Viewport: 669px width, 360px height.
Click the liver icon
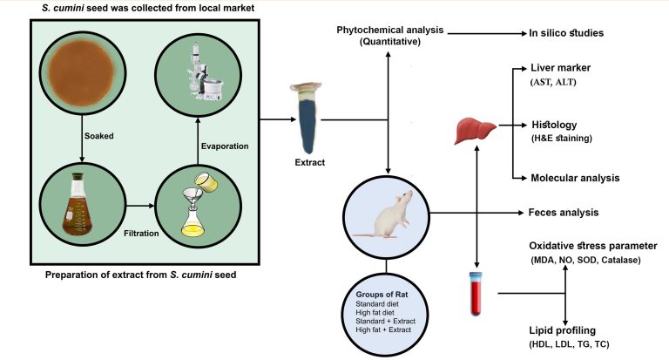click(x=474, y=131)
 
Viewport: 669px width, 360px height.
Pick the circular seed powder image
click(x=80, y=66)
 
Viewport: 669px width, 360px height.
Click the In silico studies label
click(x=567, y=33)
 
